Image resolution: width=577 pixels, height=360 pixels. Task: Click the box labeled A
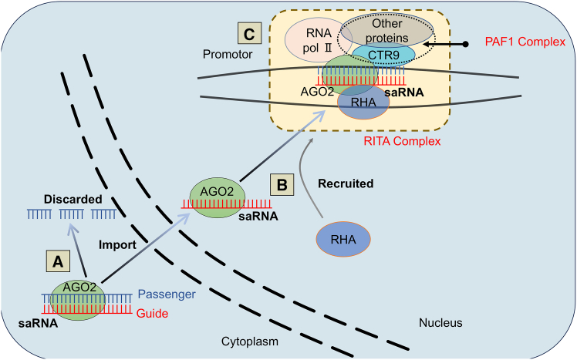coord(58,261)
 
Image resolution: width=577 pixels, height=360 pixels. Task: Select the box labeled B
coord(282,184)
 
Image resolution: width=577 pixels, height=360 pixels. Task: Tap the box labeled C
coord(249,33)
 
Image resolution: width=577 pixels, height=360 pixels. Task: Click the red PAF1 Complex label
coord(525,42)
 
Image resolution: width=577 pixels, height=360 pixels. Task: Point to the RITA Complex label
coord(402,141)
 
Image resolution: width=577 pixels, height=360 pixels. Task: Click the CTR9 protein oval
coord(383,56)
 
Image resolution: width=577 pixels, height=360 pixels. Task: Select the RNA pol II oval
coord(319,40)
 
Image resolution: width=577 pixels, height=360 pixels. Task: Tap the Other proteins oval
coord(387,31)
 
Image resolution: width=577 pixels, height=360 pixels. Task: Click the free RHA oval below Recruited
coord(343,240)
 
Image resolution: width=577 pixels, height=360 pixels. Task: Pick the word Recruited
coord(346,183)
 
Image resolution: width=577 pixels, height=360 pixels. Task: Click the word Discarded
coord(73,200)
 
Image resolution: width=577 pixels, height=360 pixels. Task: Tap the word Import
coord(117,245)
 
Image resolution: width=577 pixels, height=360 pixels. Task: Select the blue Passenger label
coord(167,294)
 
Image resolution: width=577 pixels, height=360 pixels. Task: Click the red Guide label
coord(152,313)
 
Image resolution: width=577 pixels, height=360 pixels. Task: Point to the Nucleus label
coord(440,323)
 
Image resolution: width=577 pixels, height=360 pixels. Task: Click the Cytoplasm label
coord(249,341)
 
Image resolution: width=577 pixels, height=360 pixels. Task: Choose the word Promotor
coord(228,55)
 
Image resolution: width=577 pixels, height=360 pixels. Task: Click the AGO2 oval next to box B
coord(217,198)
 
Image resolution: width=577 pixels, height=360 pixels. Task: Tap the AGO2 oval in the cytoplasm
coord(78,300)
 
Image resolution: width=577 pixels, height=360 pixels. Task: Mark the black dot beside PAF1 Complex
coord(465,44)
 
